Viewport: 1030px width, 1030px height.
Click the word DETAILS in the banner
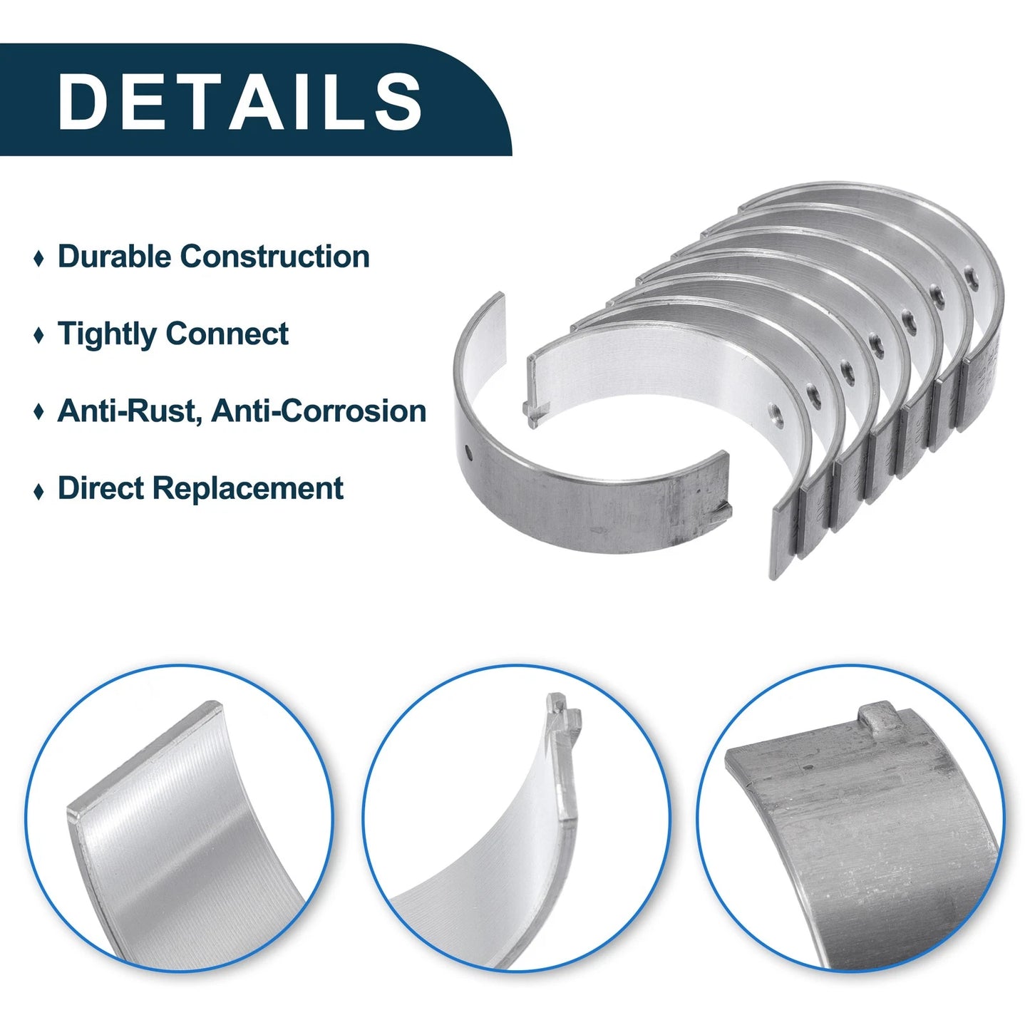[x=240, y=101]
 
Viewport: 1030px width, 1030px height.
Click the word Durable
[x=114, y=256]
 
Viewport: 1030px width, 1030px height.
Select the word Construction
[x=274, y=256]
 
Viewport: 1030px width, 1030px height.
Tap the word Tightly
[x=107, y=334]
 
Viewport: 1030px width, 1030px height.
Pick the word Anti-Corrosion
[x=319, y=411]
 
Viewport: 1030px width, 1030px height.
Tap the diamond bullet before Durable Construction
[x=38, y=259]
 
